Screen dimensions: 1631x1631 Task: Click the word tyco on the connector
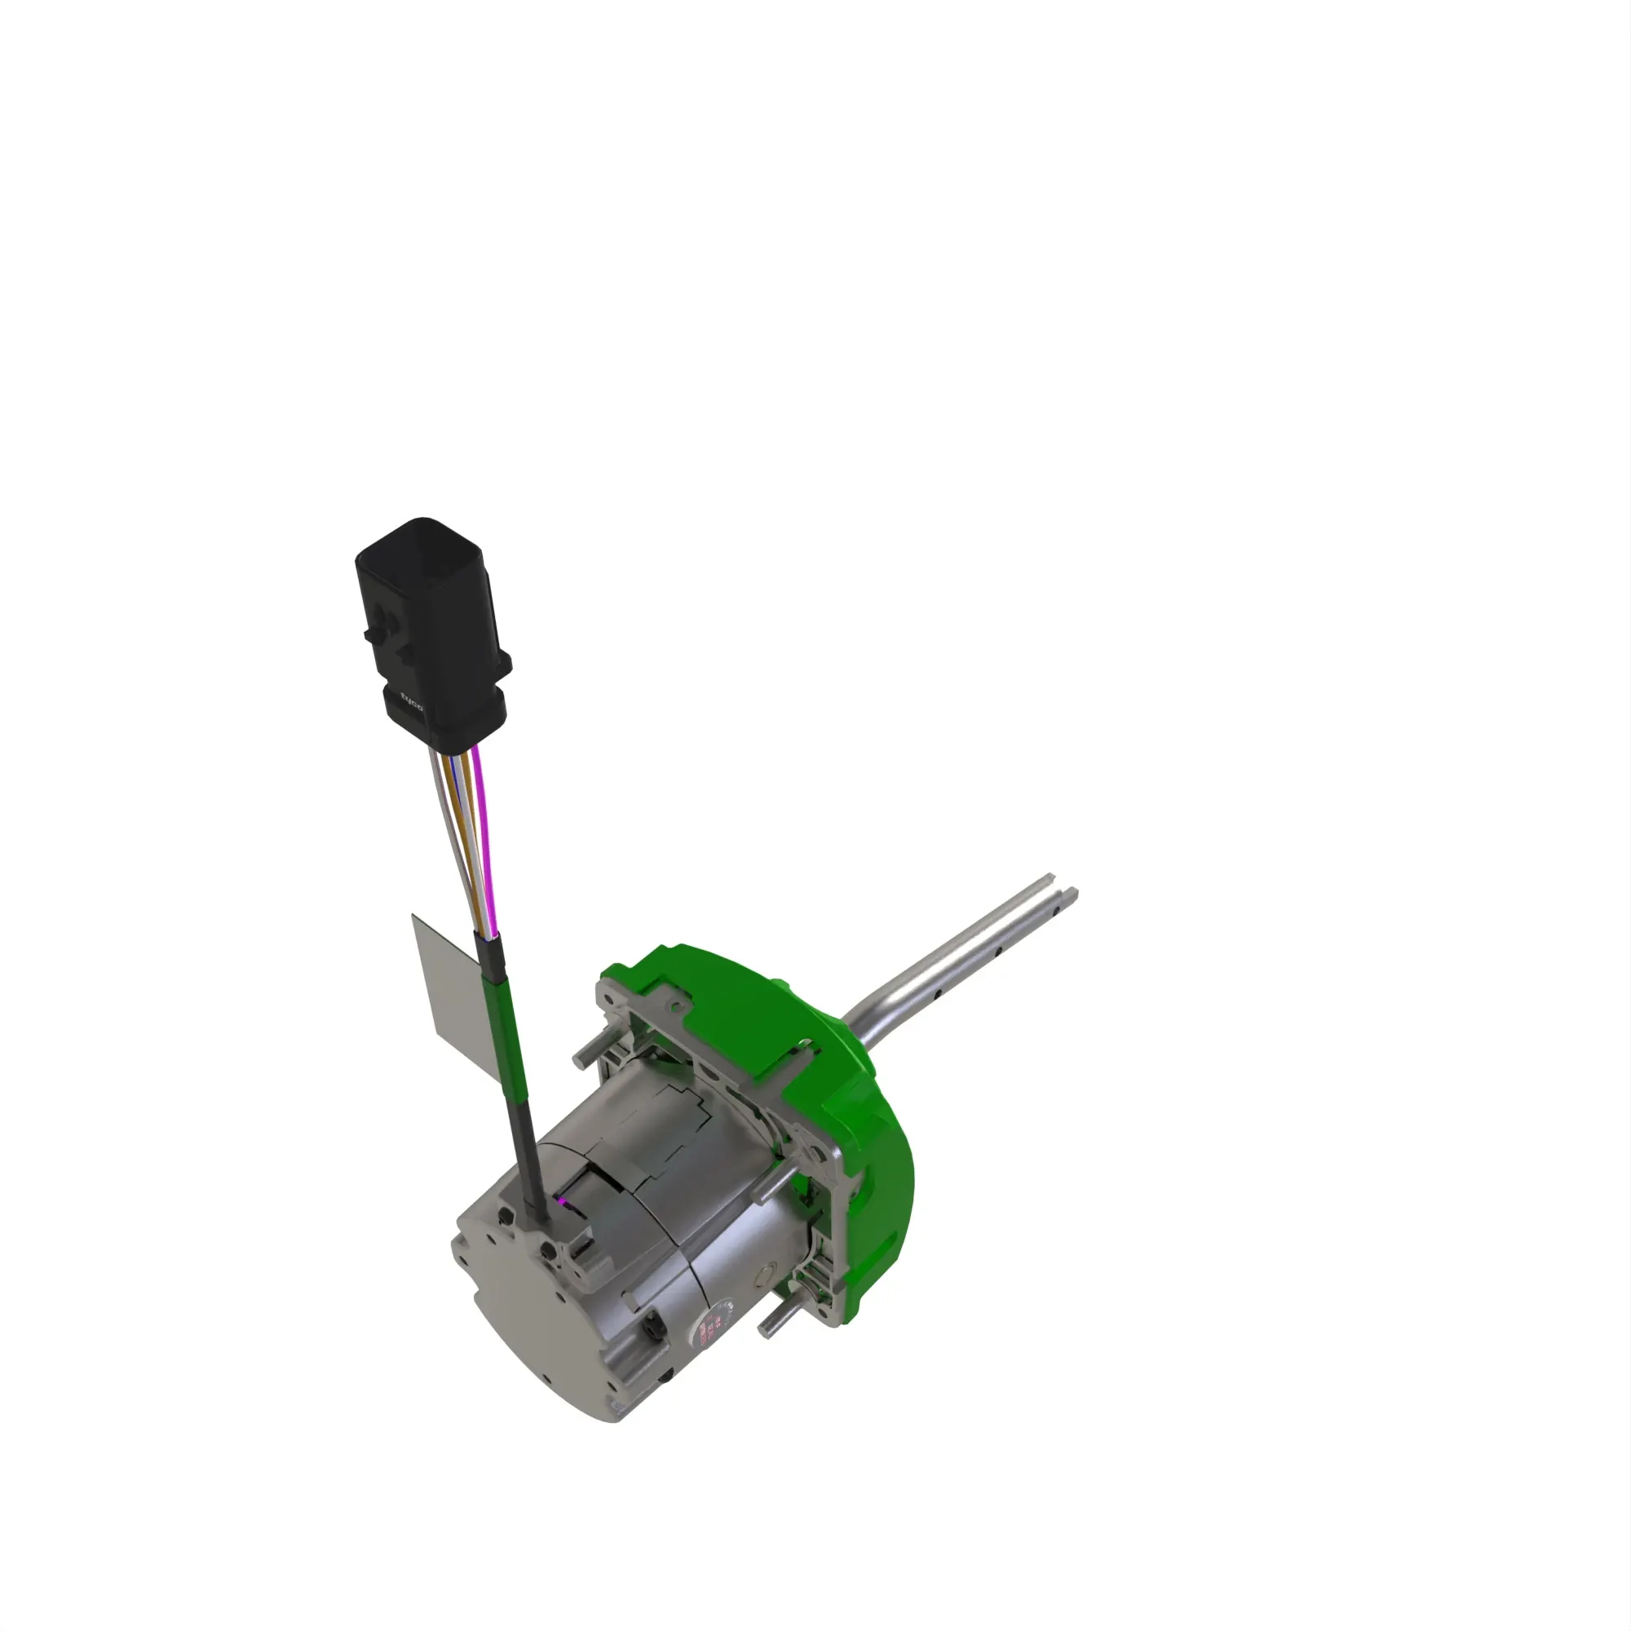[x=412, y=701]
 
